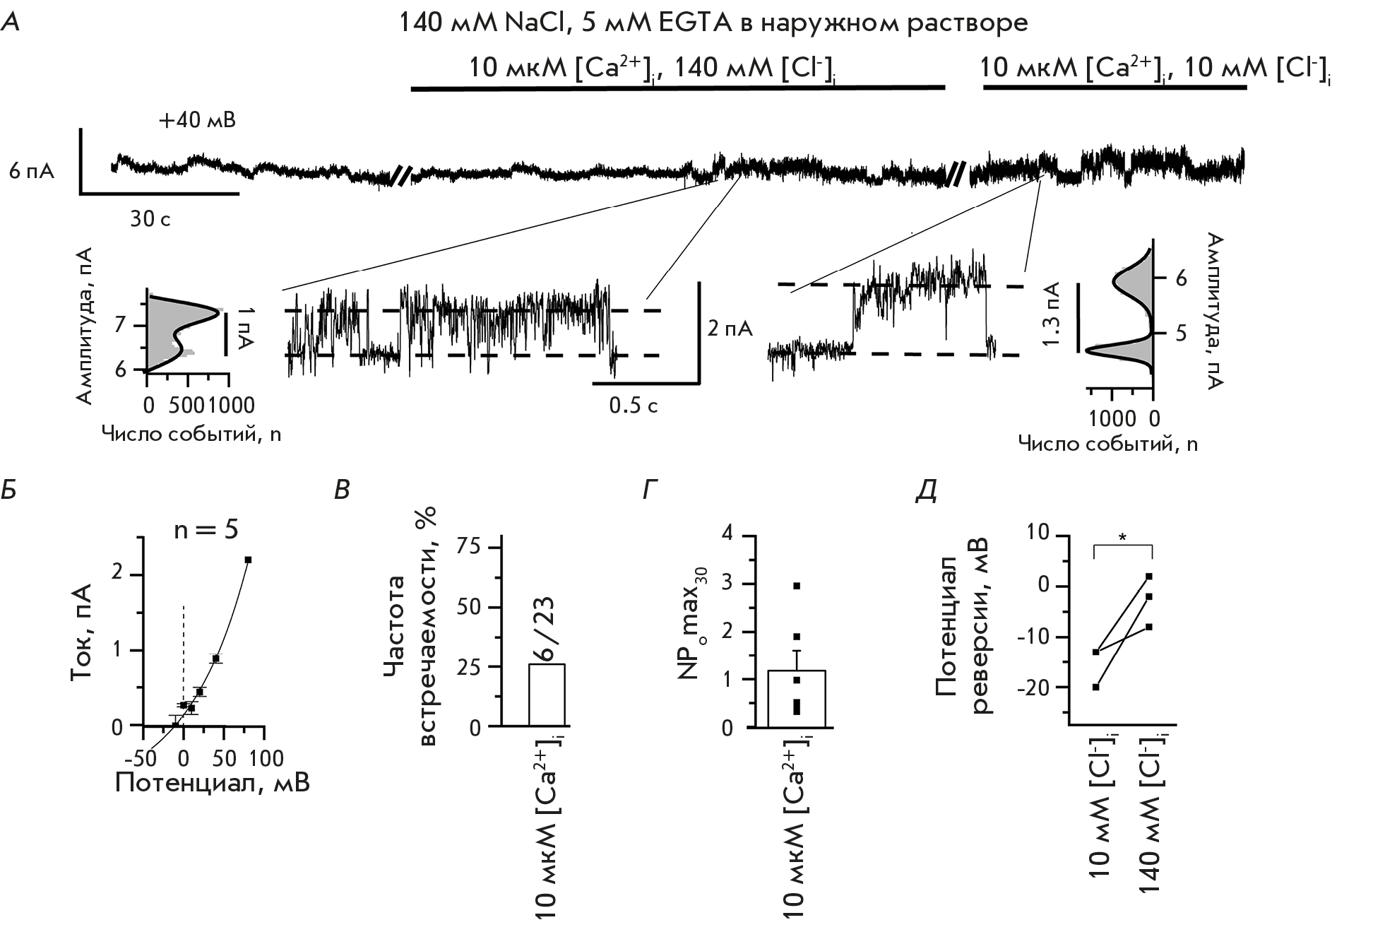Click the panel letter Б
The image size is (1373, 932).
point(9,490)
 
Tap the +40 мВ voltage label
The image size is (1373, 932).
point(197,121)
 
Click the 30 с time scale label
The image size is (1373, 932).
point(150,220)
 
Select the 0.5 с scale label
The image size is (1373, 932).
point(634,406)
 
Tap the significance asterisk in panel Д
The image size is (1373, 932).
point(1122,538)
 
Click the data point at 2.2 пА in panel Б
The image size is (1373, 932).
point(248,560)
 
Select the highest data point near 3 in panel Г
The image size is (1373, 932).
point(797,586)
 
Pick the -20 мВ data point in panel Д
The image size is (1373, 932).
point(1095,687)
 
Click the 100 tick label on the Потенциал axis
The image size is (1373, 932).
point(266,759)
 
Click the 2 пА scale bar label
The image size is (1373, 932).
point(730,329)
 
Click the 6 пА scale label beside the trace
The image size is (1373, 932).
point(32,172)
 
